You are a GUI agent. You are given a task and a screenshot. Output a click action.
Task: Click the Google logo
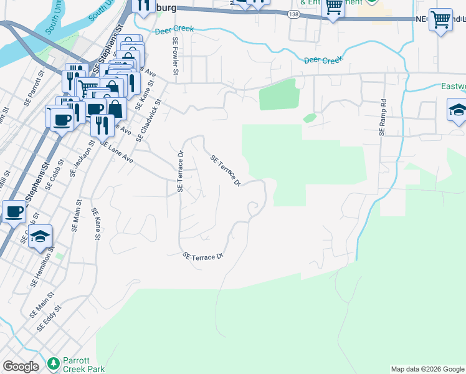tap(21, 367)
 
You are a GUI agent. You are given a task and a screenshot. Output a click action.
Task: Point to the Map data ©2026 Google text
tap(427, 369)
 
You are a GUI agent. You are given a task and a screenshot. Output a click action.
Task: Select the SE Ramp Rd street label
tap(383, 118)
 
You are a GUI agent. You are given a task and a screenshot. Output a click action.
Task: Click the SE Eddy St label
tap(49, 318)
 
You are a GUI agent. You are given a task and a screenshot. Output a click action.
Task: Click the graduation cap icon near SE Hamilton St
tap(40, 236)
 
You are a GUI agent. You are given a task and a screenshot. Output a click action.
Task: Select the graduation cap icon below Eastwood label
tap(458, 110)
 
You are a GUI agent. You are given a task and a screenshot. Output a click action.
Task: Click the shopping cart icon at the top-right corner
tap(440, 19)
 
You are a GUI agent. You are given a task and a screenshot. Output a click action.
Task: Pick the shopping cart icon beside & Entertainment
tap(334, 7)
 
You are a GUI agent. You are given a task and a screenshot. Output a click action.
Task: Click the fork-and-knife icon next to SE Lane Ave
tap(102, 124)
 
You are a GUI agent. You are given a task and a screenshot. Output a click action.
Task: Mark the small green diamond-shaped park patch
tap(310, 118)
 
